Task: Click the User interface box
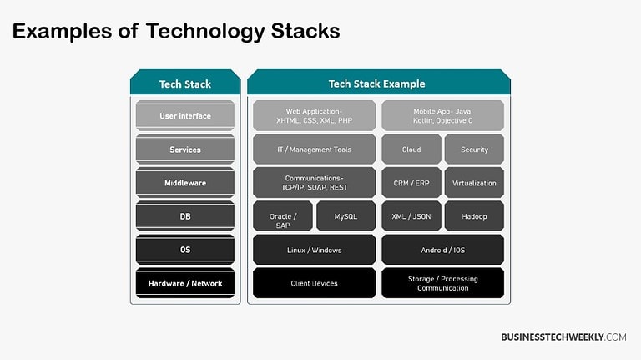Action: click(185, 116)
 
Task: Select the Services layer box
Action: click(185, 150)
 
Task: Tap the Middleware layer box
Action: click(185, 183)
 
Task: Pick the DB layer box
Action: click(185, 216)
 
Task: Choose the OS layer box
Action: click(185, 250)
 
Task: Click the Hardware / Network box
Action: click(185, 283)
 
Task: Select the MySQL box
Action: click(346, 216)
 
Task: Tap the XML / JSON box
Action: click(411, 216)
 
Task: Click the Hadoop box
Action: click(474, 216)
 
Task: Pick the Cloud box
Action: click(411, 150)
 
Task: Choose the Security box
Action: click(474, 150)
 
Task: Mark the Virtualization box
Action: click(474, 183)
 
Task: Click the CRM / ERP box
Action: click(411, 183)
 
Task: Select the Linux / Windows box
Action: click(314, 250)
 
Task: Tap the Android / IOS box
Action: click(442, 250)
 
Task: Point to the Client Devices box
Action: click(314, 283)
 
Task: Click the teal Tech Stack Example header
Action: click(377, 84)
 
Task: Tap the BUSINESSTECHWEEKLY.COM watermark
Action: click(563, 337)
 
